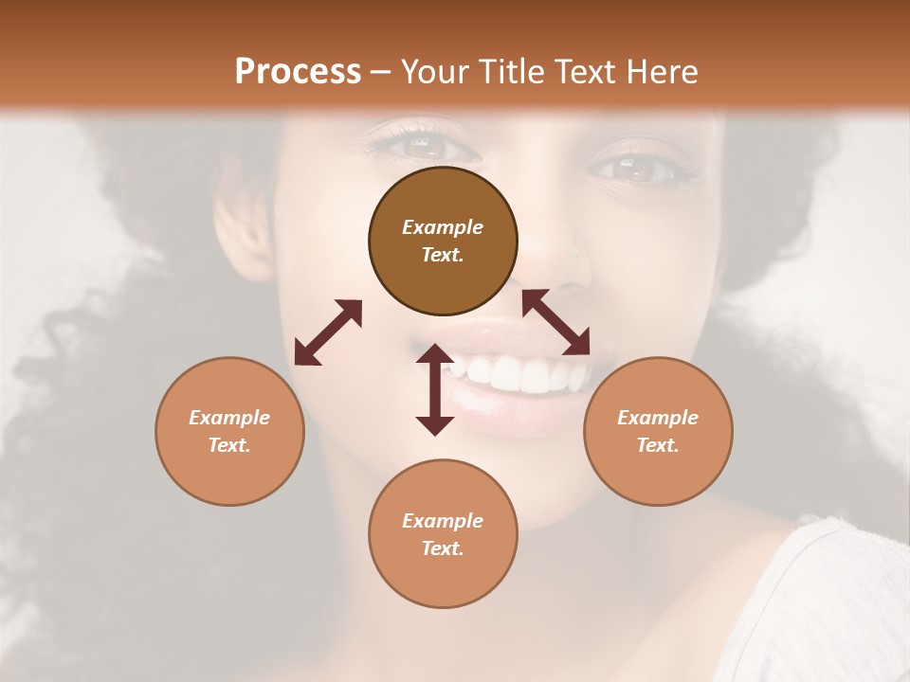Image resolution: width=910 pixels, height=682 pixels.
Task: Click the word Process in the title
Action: (x=298, y=71)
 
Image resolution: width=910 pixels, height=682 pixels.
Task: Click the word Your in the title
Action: (x=434, y=71)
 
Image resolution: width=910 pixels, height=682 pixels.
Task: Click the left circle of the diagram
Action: (x=229, y=431)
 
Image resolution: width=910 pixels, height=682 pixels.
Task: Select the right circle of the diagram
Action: (x=658, y=431)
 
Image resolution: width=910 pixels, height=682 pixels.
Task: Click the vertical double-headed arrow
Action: (x=435, y=389)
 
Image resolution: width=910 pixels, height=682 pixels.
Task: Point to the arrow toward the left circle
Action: (x=328, y=332)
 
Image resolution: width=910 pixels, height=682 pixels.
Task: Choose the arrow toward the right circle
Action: (x=556, y=322)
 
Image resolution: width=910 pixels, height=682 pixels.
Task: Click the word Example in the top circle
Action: (x=443, y=227)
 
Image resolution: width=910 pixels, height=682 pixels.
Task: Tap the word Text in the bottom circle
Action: (x=441, y=548)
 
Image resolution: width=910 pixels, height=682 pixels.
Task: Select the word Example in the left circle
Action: (x=229, y=418)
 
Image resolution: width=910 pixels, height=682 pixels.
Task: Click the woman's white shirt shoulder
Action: (x=834, y=606)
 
